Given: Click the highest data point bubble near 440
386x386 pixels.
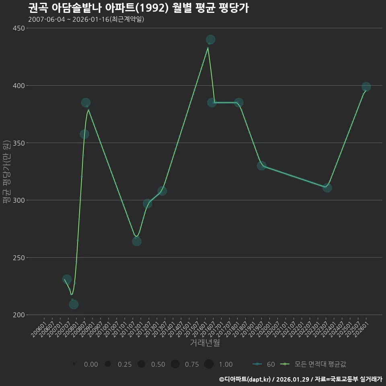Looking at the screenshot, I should (x=210, y=39).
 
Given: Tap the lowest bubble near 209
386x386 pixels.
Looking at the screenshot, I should (x=74, y=304).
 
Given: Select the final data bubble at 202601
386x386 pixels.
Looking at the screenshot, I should (x=366, y=87).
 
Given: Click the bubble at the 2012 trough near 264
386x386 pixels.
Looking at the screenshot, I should (x=137, y=241).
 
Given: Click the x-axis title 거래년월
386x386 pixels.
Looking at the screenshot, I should (x=205, y=343).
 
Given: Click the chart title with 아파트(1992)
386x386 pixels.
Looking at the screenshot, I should (x=138, y=8).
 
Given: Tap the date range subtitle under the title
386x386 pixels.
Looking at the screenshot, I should (x=86, y=19).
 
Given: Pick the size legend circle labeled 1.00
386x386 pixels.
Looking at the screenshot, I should (x=209, y=364).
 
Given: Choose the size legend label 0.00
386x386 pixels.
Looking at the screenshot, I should (x=91, y=364).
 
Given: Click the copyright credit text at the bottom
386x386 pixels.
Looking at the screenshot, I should (x=300, y=379).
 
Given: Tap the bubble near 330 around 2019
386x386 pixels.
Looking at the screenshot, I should (x=261, y=166).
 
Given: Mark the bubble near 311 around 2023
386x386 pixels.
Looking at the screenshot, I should (x=327, y=188).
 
